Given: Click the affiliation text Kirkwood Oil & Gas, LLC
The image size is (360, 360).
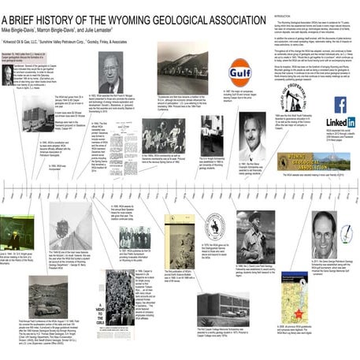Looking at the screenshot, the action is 30,36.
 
